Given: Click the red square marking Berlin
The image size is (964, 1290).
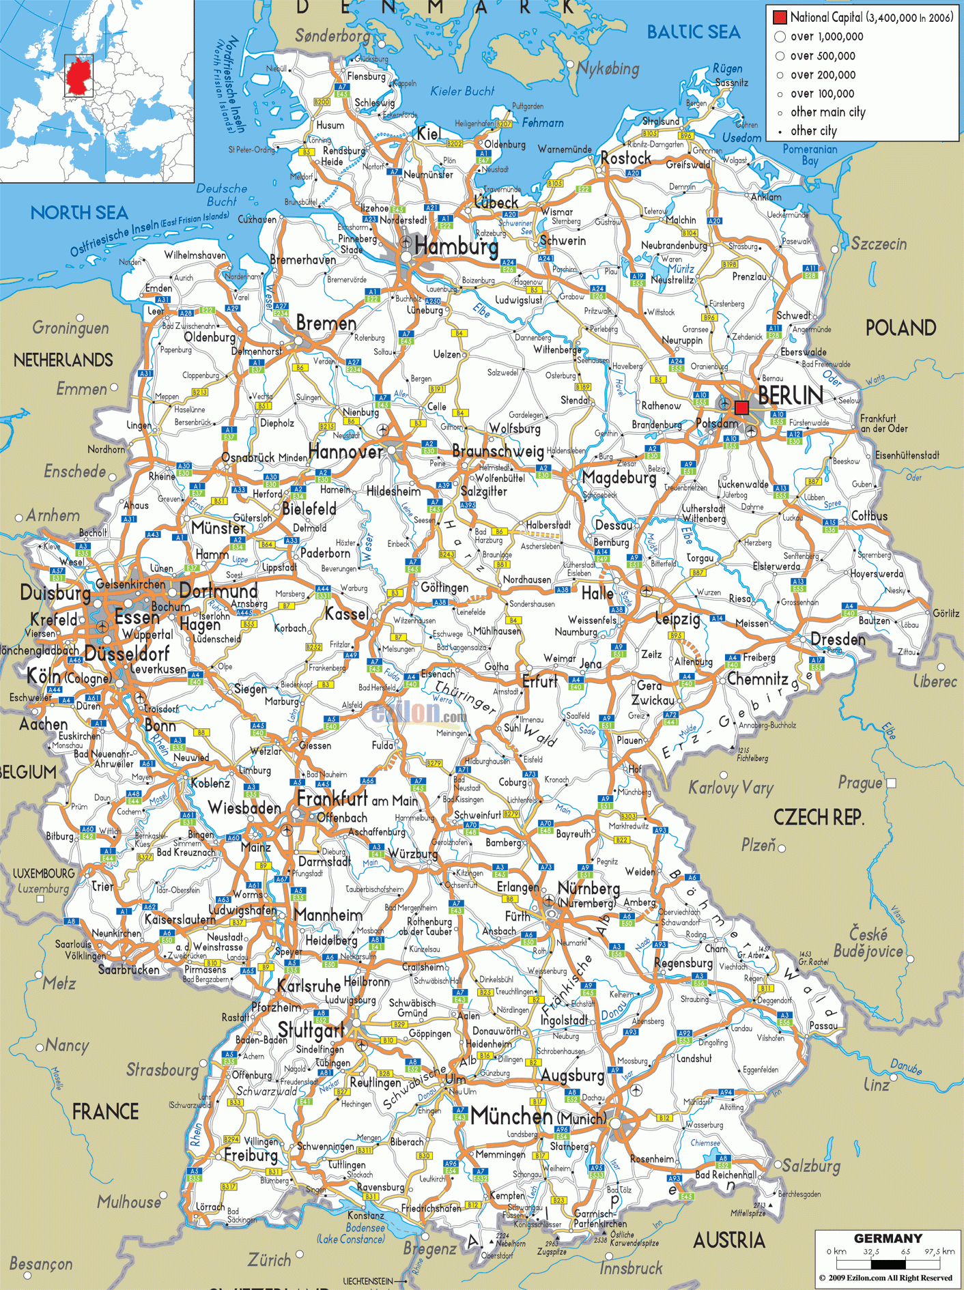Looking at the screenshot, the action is coord(741,407).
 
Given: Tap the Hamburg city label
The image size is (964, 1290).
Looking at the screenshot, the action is coord(456,246).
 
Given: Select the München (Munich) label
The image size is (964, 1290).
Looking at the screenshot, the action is coord(537,1117).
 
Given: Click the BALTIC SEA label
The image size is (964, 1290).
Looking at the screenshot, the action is coord(693,32).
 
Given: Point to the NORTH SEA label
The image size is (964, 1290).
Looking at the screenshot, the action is coord(79,213).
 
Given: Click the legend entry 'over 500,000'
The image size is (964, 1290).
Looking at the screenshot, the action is coord(822,56).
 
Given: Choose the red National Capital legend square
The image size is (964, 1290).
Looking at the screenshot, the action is coord(780,17).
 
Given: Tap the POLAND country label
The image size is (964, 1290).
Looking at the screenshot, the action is coord(901,328).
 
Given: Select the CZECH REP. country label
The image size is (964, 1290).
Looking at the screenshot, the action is coord(818,817).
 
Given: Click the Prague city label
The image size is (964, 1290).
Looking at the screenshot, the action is coord(860,783).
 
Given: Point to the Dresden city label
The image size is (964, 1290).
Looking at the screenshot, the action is coord(838,640).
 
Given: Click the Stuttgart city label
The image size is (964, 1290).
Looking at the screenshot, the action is coord(311,1030).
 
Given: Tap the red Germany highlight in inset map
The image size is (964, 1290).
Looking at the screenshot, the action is coord(79,76).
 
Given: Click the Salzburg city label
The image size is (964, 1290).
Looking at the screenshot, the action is coord(811,1165).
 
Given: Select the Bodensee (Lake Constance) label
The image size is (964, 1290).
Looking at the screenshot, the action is coord(351,1233).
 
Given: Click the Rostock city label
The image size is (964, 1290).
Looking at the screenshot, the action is coord(625,158).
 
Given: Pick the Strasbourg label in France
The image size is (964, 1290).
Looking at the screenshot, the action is coord(162,1070).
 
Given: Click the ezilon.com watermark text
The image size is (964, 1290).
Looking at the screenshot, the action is coord(419,713).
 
